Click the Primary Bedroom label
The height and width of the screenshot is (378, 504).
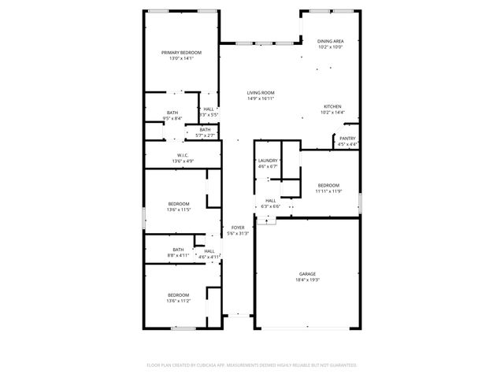[181, 53]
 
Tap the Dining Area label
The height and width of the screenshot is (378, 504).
[331, 41]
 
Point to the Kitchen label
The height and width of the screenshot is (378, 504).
[332, 107]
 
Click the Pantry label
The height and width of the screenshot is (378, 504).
[347, 139]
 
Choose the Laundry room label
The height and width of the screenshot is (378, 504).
[268, 161]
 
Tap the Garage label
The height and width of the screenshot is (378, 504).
[307, 274]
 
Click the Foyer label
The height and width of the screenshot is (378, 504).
[238, 228]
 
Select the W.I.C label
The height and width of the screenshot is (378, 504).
[182, 155]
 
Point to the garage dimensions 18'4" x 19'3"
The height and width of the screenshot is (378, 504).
[307, 280]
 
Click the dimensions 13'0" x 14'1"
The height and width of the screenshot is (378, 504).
[181, 58]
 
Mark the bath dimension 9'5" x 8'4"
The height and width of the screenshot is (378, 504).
[172, 118]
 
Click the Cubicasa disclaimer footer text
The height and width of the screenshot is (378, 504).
[252, 365]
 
